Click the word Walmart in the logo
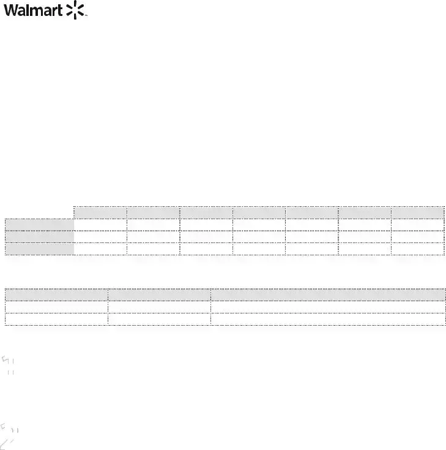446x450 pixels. [x=33, y=10]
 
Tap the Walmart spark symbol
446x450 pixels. [x=75, y=10]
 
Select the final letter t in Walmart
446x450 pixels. [x=60, y=11]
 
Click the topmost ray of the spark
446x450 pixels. [x=75, y=4]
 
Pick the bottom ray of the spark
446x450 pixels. [x=75, y=17]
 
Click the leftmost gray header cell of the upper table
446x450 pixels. [x=100, y=212]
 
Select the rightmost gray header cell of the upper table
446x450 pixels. [x=418, y=212]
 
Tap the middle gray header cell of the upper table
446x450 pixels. [x=259, y=212]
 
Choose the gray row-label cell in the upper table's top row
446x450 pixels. [x=40, y=225]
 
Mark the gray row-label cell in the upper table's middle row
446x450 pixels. [x=40, y=237]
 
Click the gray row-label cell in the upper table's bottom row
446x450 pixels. [x=40, y=249]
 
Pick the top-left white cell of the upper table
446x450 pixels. [x=100, y=225]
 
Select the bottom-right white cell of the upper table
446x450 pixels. [x=418, y=249]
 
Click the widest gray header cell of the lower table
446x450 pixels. [x=328, y=295]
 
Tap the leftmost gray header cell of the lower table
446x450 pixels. [x=56, y=295]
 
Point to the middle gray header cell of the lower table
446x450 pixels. [x=159, y=295]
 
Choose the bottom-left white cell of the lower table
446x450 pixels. [x=56, y=319]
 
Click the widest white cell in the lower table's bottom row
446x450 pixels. [x=328, y=319]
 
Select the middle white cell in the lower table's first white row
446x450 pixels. [x=159, y=307]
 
